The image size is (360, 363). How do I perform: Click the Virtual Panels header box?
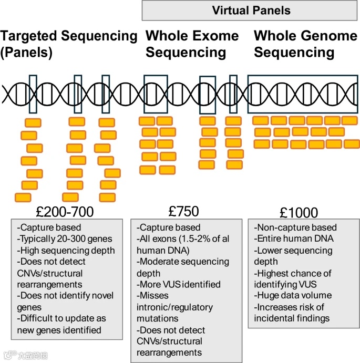[251, 11]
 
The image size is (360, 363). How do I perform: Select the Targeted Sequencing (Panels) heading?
[68, 44]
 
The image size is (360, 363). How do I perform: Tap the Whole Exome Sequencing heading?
[192, 44]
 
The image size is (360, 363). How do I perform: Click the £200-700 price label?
[65, 212]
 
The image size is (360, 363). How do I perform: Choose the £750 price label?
[183, 211]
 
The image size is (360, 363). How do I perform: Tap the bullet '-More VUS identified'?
[178, 284]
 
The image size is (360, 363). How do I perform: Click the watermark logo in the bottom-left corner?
[26, 356]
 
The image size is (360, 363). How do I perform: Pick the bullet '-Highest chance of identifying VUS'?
[292, 279]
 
